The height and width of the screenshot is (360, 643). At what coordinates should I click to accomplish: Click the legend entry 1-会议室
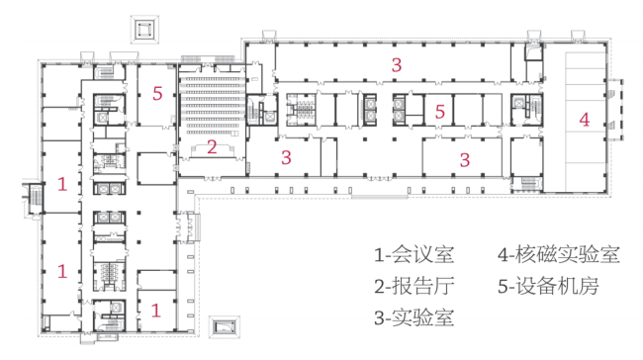click(413, 254)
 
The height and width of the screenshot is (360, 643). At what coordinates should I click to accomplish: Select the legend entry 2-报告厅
click(413, 286)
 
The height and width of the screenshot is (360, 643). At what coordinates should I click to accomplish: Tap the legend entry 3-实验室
click(413, 317)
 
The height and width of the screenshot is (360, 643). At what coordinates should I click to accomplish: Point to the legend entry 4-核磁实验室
click(559, 254)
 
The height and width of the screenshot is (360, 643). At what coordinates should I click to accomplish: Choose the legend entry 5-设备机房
click(548, 286)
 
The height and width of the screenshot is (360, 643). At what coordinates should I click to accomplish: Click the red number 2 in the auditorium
click(212, 147)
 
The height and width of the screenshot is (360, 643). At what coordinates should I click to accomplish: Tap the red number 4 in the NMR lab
click(584, 120)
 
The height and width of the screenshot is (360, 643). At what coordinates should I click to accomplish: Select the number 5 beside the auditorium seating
click(157, 94)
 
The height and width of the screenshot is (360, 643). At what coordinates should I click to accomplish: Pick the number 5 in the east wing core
click(440, 112)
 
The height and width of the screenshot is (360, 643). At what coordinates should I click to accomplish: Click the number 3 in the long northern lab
click(396, 65)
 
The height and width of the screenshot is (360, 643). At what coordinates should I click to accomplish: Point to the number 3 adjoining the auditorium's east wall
click(286, 157)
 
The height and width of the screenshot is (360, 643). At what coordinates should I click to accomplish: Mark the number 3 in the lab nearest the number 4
click(465, 160)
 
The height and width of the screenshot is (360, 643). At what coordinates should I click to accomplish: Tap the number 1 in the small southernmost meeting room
click(155, 311)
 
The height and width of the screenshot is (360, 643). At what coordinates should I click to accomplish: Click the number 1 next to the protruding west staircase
click(62, 184)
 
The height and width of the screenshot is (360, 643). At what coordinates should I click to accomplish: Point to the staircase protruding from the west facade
click(34, 199)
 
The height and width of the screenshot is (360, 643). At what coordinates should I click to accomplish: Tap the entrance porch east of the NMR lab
click(614, 110)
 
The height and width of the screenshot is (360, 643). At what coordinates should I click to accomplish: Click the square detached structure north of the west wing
click(144, 29)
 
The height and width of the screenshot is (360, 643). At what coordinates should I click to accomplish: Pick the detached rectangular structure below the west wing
click(224, 326)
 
